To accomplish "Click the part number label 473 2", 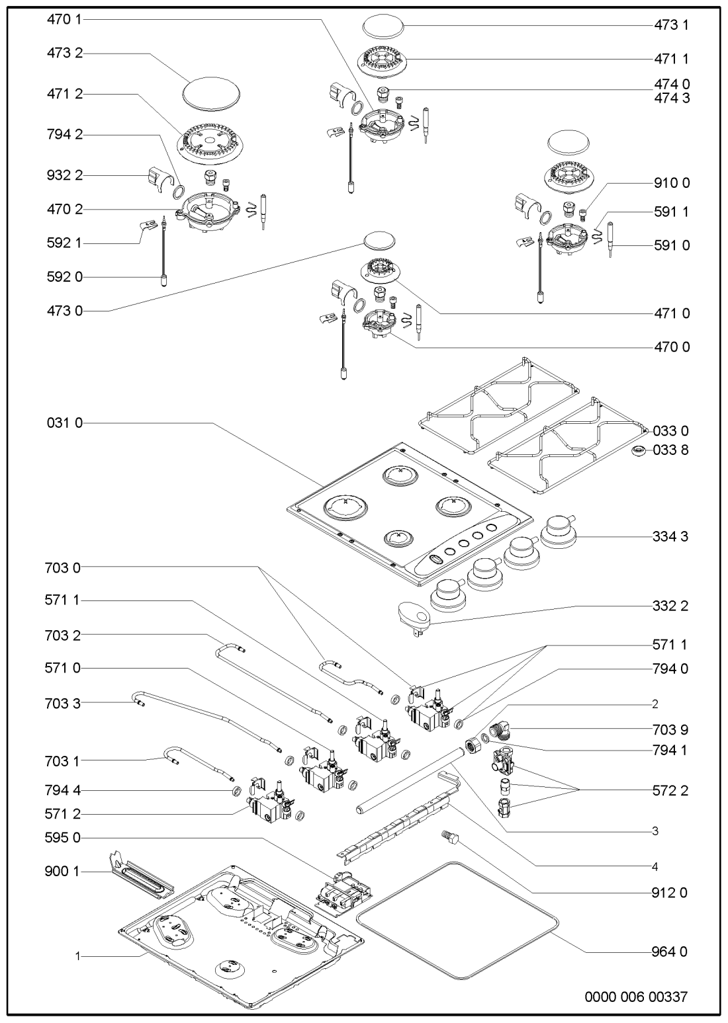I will (65, 54).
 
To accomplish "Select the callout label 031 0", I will (65, 423).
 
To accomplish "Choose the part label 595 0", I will (65, 838).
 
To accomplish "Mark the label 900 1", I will (65, 872).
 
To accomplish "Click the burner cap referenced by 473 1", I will (383, 27).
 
